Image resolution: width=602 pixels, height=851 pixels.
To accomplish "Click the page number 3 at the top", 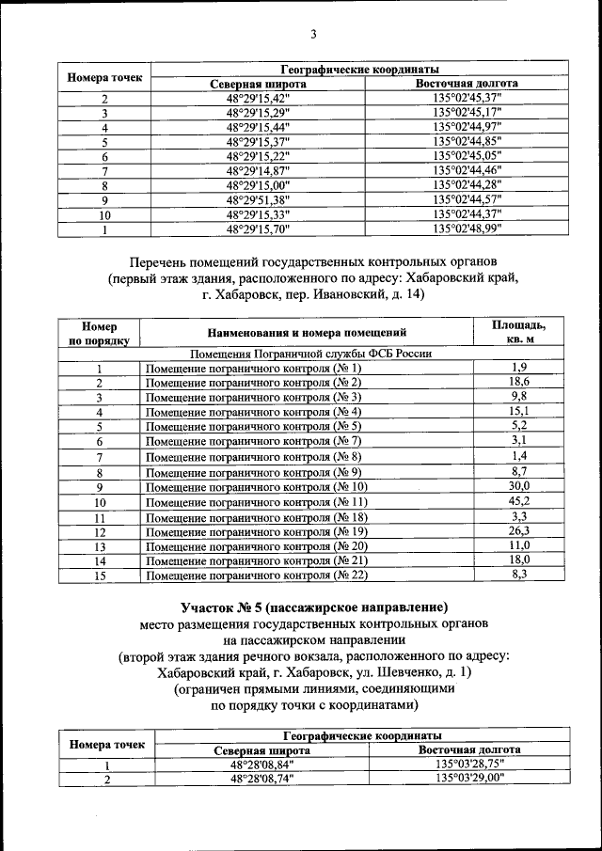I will [314, 36].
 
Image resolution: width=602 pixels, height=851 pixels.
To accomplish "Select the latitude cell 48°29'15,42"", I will [258, 98].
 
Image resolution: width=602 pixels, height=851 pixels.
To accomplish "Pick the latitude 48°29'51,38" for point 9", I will [258, 199].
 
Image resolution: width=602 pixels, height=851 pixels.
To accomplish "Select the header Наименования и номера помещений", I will [307, 332].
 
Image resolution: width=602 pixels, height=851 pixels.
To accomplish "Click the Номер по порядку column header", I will [99, 333].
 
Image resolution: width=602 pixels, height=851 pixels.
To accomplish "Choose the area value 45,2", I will [519, 501].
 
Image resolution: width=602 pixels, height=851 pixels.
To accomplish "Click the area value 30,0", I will [519, 486].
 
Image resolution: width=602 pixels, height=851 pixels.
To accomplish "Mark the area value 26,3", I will [519, 531].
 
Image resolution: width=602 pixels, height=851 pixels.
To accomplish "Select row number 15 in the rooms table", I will [99, 575].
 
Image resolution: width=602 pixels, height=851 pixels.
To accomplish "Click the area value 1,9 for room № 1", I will [519, 368].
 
